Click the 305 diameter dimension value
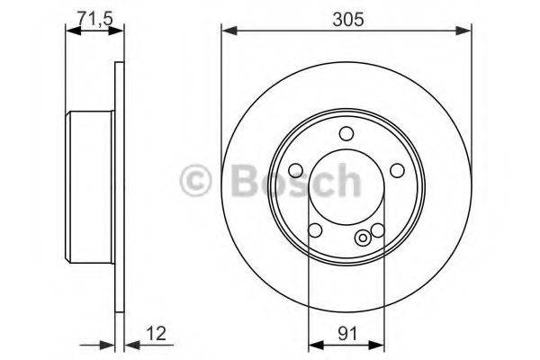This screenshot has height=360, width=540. [x=346, y=18]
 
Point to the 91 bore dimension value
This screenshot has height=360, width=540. [x=345, y=333]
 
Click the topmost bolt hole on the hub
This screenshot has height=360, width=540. [x=346, y=134]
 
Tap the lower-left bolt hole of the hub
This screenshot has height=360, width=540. [x=314, y=230]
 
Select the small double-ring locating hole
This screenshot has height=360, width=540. [x=363, y=238]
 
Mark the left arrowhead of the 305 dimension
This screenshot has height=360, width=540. [x=227, y=31]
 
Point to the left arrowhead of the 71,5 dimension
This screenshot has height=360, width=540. [x=71, y=30]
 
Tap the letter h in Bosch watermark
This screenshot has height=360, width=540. [x=343, y=183]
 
